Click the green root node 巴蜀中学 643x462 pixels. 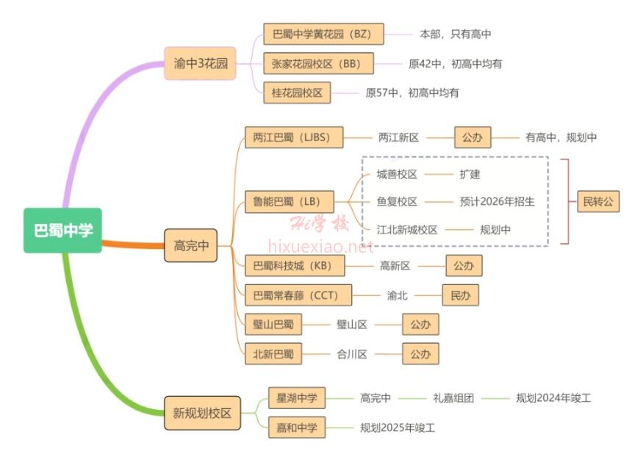coord(62,231)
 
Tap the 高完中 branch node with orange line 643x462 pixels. coord(191,245)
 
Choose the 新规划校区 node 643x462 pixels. coord(201,413)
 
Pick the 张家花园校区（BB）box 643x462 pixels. coord(318,63)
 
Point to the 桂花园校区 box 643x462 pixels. coord(297,93)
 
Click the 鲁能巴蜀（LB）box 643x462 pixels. coord(289,201)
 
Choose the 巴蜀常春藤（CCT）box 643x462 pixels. coord(298,295)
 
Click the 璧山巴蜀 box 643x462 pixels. coord(273,324)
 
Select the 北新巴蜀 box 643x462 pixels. coord(273,354)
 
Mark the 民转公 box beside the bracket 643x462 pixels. coord(597,201)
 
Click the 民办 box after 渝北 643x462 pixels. coord(460,295)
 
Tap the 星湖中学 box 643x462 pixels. coord(296,398)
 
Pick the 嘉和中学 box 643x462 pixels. coord(296,427)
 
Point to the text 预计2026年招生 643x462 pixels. coord(497,201)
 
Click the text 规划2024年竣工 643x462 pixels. coord(553,398)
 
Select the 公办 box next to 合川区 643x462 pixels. coord(420,354)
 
